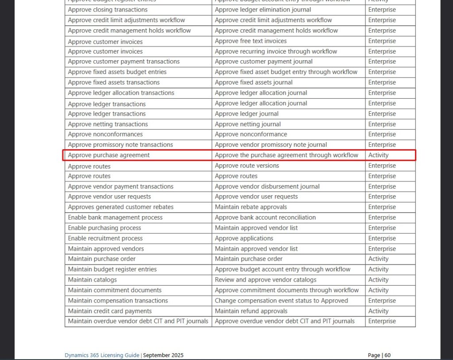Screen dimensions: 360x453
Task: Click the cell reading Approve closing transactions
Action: click(108, 10)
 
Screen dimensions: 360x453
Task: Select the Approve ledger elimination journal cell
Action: click(263, 10)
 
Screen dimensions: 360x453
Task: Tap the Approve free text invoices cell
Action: click(251, 41)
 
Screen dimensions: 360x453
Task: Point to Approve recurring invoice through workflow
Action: click(276, 51)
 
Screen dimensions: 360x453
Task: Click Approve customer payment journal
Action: click(264, 62)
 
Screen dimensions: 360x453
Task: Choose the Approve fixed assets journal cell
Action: click(253, 82)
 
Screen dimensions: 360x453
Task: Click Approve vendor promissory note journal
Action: click(271, 145)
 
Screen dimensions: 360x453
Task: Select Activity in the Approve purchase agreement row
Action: click(378, 155)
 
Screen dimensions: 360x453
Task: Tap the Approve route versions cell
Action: click(247, 166)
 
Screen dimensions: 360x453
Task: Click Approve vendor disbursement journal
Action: click(267, 186)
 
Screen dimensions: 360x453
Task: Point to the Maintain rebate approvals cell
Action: click(251, 207)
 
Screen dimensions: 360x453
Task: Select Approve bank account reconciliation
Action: click(265, 217)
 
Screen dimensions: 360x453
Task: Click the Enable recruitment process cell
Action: click(105, 238)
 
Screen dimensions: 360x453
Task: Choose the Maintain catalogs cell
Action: click(92, 280)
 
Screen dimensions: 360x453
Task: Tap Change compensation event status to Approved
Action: click(281, 301)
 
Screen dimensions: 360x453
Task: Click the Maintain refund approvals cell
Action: click(251, 311)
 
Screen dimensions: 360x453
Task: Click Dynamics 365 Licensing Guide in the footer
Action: click(102, 355)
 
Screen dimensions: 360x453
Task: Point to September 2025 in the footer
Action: click(163, 355)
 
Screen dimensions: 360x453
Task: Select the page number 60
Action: click(387, 355)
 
